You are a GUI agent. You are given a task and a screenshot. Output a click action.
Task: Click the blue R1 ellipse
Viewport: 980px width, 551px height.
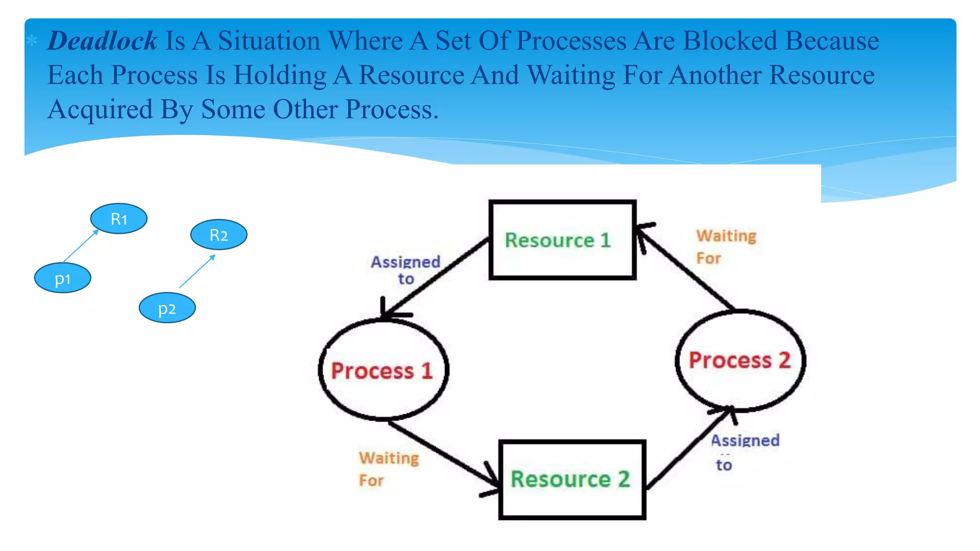[119, 219]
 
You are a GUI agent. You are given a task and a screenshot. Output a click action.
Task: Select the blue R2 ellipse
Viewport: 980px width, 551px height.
[219, 234]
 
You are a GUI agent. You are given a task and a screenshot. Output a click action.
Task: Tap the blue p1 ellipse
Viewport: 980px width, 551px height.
[63, 278]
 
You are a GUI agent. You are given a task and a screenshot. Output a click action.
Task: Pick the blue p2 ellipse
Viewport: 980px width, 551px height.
[167, 308]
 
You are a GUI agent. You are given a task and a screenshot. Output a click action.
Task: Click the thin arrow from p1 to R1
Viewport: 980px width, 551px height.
[80, 246]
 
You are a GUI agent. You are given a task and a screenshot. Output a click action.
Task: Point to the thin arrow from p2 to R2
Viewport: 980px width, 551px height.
[197, 271]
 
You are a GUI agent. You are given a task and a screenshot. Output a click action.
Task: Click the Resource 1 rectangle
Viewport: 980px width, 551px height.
[562, 240]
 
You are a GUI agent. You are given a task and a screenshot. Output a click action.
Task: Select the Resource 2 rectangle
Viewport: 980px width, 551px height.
[572, 480]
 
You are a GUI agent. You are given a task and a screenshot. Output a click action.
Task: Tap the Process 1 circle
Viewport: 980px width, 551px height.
[383, 370]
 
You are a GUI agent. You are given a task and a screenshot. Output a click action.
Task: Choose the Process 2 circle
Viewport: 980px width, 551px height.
[740, 360]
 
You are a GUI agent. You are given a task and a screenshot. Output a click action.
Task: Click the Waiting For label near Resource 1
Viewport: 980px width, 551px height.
[725, 247]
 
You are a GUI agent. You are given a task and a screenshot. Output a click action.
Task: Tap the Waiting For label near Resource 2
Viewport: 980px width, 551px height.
[388, 469]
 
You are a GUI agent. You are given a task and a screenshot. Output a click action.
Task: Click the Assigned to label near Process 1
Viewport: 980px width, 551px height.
[405, 270]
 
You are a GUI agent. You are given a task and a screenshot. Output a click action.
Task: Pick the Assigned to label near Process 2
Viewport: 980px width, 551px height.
[745, 452]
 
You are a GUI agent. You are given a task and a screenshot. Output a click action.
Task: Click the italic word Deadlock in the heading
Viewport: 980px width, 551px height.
[102, 41]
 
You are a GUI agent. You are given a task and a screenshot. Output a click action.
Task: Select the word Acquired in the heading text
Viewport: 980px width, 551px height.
[100, 110]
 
